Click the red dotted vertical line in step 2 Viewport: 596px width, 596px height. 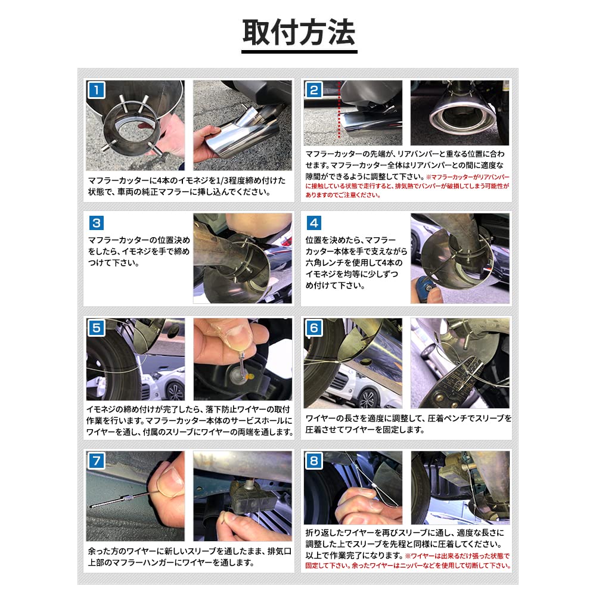[340, 113]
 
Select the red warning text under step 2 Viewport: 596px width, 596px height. [408, 186]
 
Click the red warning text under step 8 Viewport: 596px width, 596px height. [408, 560]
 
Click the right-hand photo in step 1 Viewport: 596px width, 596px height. [243, 125]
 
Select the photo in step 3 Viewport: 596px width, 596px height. [243, 258]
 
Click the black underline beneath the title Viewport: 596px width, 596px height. [299, 52]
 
